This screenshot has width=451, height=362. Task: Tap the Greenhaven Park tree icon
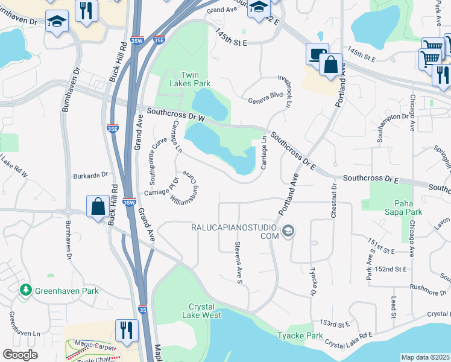26,290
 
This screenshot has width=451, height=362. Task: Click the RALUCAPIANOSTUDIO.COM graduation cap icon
288,230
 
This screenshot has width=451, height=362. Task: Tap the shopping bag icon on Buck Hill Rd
97,206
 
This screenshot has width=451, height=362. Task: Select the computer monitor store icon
317,54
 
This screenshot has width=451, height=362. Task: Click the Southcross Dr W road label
172,113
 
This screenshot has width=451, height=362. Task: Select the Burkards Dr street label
90,176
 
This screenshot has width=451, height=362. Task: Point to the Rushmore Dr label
422,292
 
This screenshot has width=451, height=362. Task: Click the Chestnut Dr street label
332,202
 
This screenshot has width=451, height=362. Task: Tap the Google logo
20,354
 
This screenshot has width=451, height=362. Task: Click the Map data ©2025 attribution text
425,357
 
